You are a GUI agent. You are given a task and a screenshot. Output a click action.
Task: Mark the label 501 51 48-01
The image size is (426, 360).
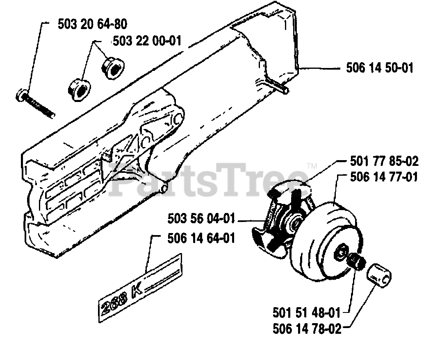[x=306, y=313]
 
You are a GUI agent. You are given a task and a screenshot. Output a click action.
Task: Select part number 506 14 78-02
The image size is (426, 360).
[x=306, y=329]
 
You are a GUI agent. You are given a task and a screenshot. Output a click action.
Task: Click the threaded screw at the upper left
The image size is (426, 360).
[x=36, y=104]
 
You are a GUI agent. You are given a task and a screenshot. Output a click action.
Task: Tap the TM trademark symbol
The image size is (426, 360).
[x=312, y=166]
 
